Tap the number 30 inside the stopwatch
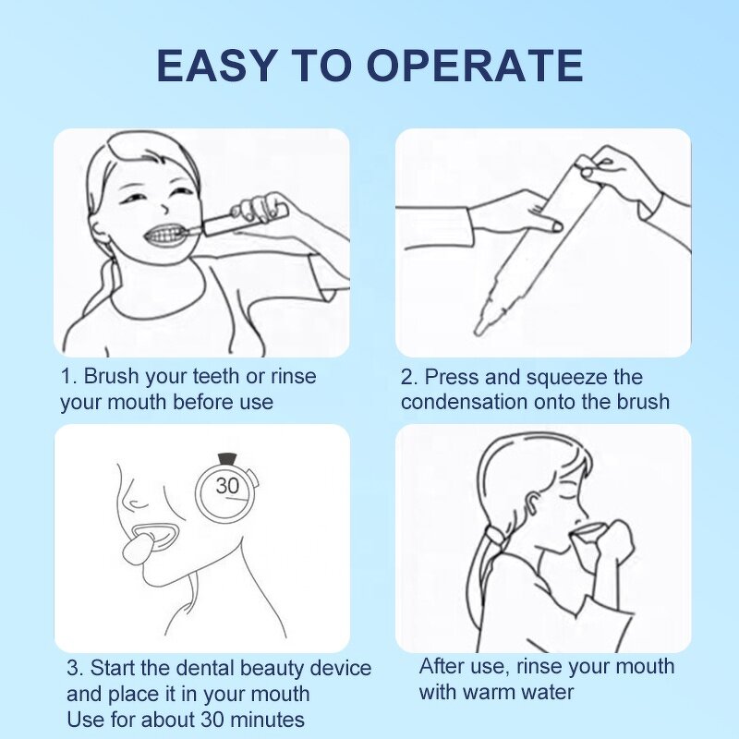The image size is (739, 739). pos(227,486)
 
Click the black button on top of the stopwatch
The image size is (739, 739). pos(227,457)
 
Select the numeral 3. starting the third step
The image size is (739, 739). pos(74,668)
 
